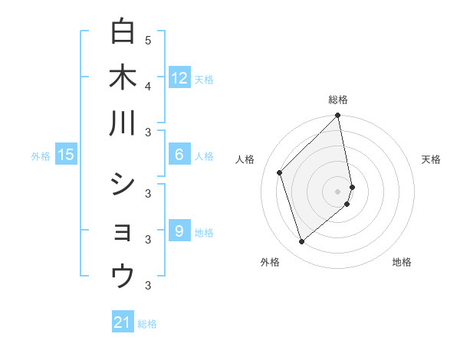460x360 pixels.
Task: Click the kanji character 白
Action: [122, 32]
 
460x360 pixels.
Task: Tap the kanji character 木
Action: [122, 78]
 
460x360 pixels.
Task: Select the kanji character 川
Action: [122, 123]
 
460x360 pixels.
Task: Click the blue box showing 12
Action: [179, 77]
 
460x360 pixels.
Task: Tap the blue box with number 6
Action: [179, 155]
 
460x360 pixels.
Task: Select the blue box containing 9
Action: [179, 231]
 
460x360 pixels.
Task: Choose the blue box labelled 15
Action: [66, 155]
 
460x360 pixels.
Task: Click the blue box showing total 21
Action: [123, 322]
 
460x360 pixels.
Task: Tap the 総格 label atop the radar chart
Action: [338, 100]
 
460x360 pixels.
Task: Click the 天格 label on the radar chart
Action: [431, 159]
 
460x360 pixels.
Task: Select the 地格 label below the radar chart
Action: [402, 262]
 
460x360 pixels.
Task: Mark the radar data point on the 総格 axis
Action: [338, 116]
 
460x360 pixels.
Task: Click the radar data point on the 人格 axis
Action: [280, 172]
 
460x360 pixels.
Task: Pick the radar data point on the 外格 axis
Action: [302, 242]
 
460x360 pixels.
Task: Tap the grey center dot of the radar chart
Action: [338, 191]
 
